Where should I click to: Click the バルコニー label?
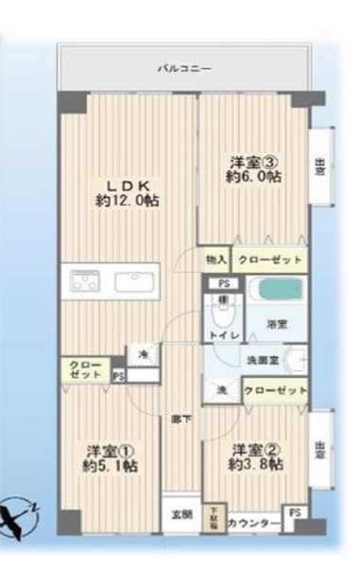(186, 68)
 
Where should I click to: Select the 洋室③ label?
(253, 160)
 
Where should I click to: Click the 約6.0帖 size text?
(253, 177)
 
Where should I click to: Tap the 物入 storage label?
(216, 259)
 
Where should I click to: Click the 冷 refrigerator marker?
(144, 354)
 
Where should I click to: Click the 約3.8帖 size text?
(253, 465)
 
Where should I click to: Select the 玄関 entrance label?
(180, 515)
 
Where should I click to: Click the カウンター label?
(253, 523)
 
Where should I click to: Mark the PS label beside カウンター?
(296, 512)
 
